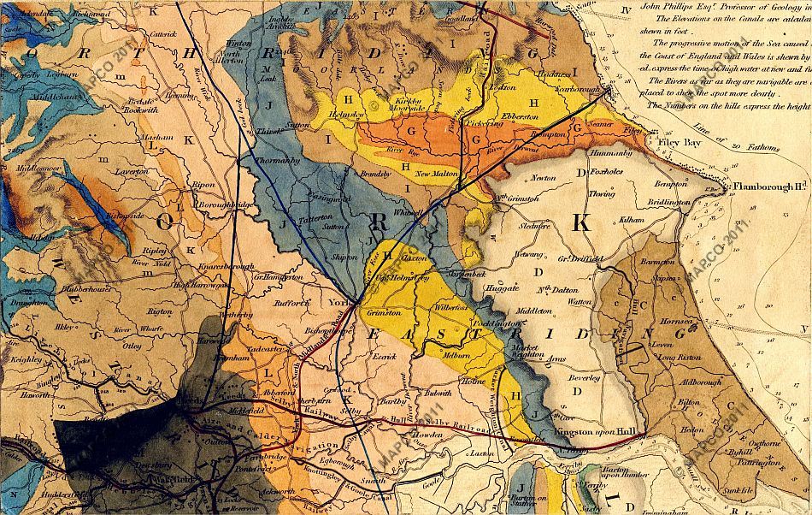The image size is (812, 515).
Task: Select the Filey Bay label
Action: coord(680,143)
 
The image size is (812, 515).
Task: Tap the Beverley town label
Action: coord(584,377)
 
